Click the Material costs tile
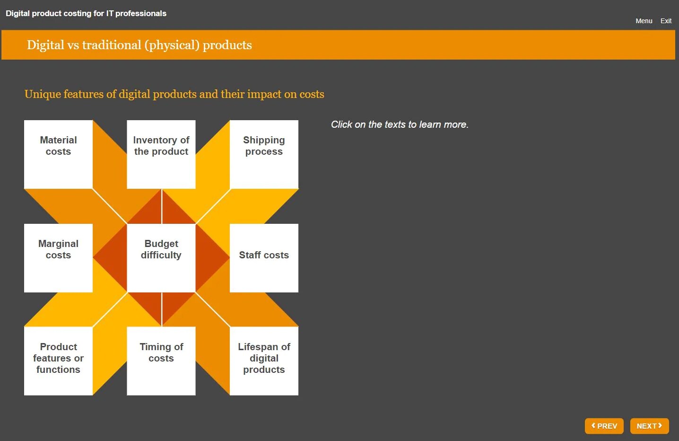pyautogui.click(x=58, y=154)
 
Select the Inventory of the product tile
pyautogui.click(x=161, y=154)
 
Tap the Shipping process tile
pyautogui.click(x=264, y=154)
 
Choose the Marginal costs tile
pyautogui.click(x=58, y=258)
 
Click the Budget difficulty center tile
pyautogui.click(x=161, y=258)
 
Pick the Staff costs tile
pyautogui.click(x=264, y=258)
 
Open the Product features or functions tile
pyautogui.click(x=58, y=361)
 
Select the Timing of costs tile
pyautogui.click(x=161, y=361)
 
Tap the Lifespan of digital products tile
pyautogui.click(x=264, y=361)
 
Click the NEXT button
pyautogui.click(x=649, y=426)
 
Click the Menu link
pyautogui.click(x=644, y=21)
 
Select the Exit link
pyautogui.click(x=666, y=21)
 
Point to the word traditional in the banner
pyautogui.click(x=112, y=45)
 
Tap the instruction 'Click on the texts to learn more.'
pyautogui.click(x=400, y=124)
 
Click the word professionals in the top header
pyautogui.click(x=140, y=13)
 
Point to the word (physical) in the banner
pyautogui.click(x=172, y=45)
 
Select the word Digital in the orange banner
pyautogui.click(x=45, y=45)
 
